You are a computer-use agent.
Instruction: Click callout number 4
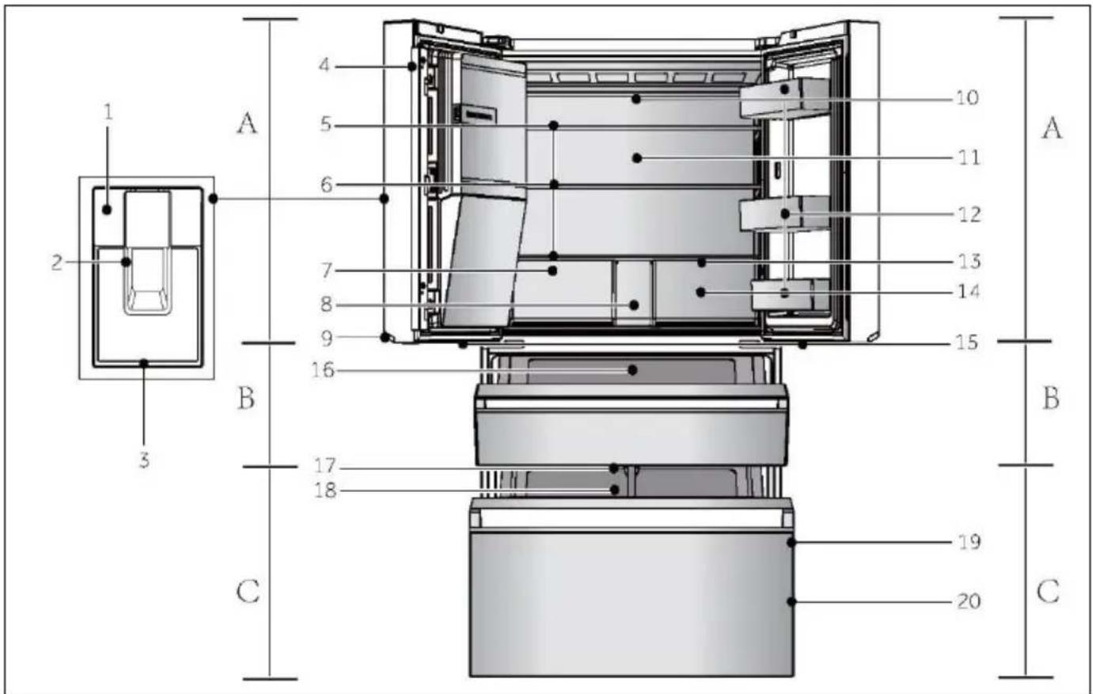[x=324, y=65]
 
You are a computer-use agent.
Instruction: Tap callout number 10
[x=966, y=97]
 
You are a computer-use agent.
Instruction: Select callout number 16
[x=323, y=370]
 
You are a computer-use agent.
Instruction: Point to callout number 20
[x=969, y=601]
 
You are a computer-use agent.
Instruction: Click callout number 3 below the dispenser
[x=144, y=459]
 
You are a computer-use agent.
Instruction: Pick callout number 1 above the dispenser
[x=108, y=112]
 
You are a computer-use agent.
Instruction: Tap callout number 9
[x=327, y=338]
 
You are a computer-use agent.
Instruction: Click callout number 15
[x=966, y=342]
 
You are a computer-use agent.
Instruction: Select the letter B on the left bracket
[x=246, y=398]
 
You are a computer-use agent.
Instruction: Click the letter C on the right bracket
[x=1048, y=592]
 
